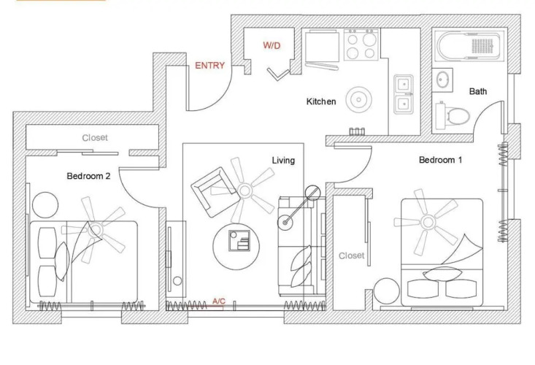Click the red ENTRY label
[x=209, y=65]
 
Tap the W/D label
[x=272, y=45]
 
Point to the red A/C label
[x=219, y=301]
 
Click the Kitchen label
[x=321, y=101]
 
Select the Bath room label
[x=478, y=91]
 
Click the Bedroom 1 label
[x=441, y=160]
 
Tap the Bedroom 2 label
[x=88, y=176]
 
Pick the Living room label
[x=283, y=161]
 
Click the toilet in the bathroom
[x=453, y=115]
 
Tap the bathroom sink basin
[x=442, y=80]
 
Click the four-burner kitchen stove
[x=361, y=45]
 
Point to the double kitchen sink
[x=404, y=94]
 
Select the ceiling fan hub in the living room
[x=245, y=191]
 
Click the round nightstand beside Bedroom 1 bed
[x=387, y=291]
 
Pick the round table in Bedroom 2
[x=45, y=205]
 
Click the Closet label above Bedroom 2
[x=95, y=137]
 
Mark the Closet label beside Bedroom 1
[x=351, y=255]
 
